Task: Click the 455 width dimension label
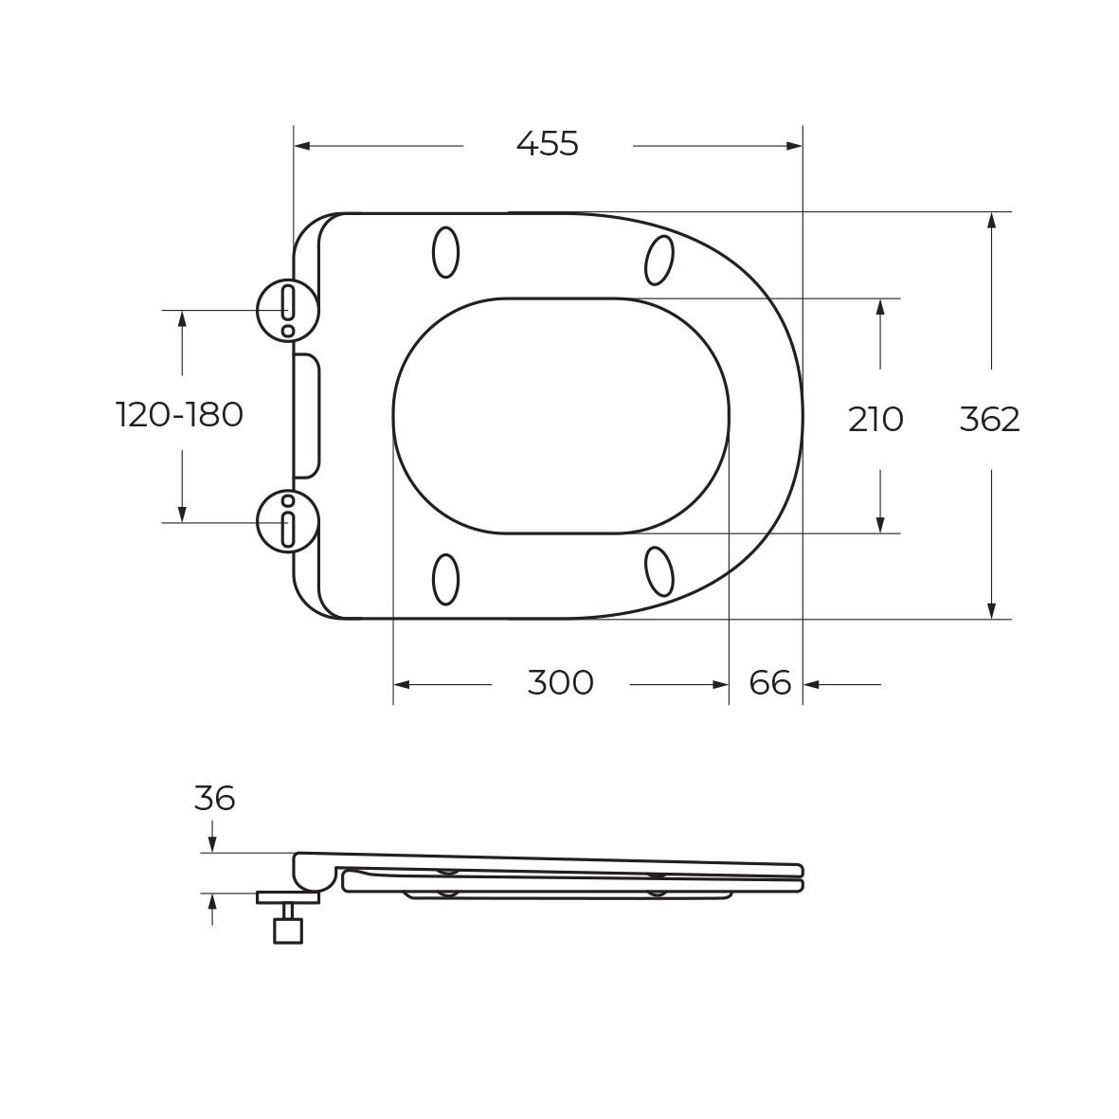coord(548,144)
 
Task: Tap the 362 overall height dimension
coord(990,420)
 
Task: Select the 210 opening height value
coord(875,420)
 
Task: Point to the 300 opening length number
coord(560,683)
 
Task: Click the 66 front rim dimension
coord(770,683)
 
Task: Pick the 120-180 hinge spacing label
coord(180,415)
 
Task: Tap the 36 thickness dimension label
coord(214,798)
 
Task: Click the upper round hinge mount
coord(287,310)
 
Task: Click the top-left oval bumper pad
coord(446,252)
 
